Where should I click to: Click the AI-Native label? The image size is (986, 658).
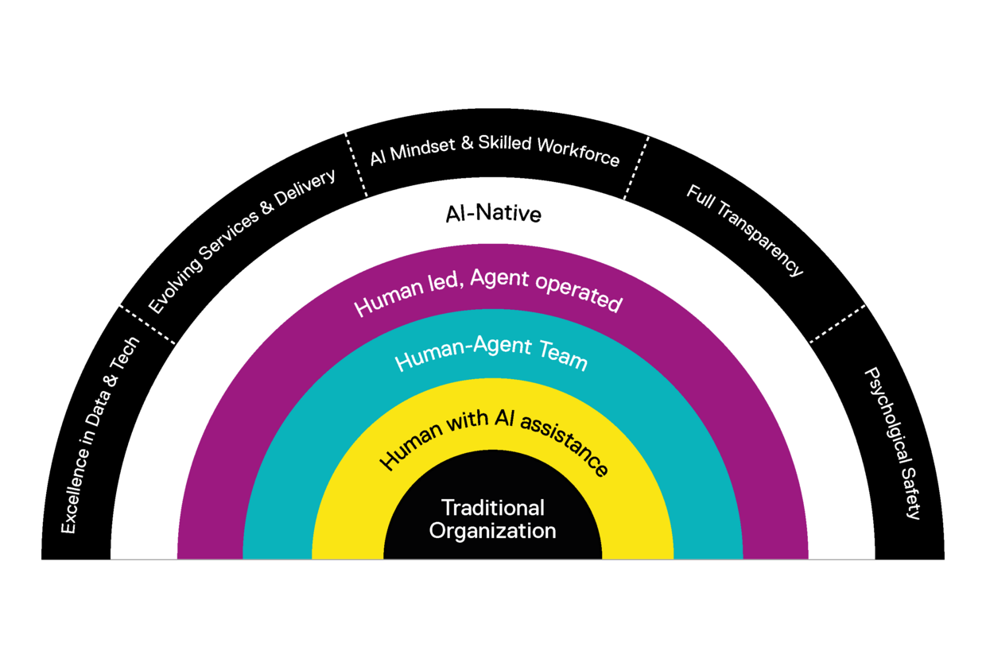[x=493, y=213]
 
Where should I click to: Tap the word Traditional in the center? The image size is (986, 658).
[x=493, y=508]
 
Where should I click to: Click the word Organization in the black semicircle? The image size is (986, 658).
[x=493, y=531]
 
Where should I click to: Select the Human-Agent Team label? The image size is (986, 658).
[x=491, y=357]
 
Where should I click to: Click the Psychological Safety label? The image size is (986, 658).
[x=891, y=443]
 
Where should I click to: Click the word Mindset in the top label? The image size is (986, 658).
[x=426, y=149]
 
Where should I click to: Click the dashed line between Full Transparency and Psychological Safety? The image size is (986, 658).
[x=837, y=323]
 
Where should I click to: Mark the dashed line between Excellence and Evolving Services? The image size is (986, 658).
[x=146, y=323]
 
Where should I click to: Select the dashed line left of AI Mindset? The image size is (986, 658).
[x=355, y=164]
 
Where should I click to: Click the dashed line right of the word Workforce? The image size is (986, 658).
[x=636, y=168]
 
